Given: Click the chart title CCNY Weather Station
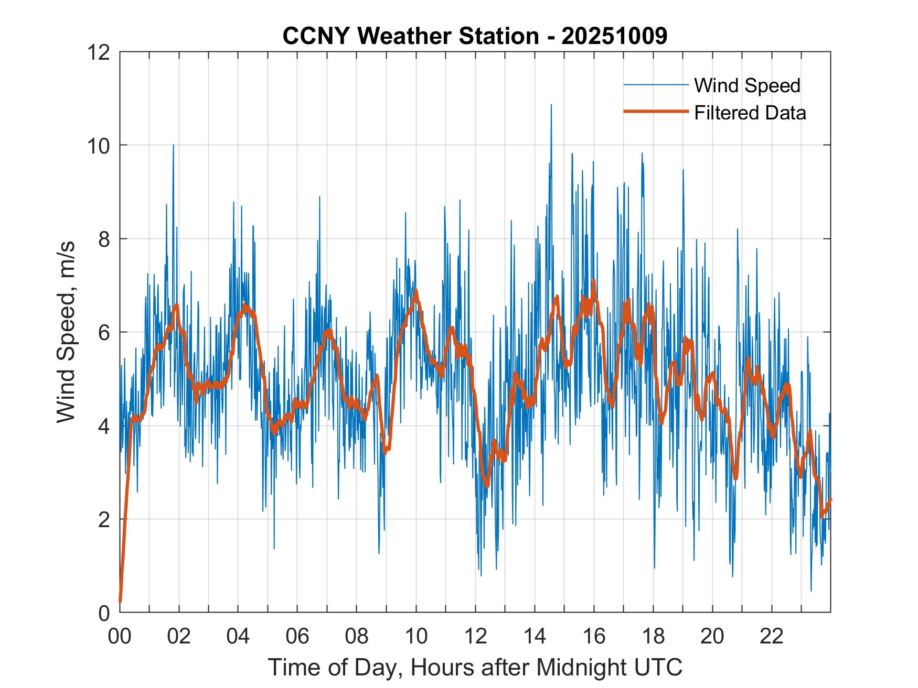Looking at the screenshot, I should pyautogui.click(x=475, y=36).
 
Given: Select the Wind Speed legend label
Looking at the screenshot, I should pyautogui.click(x=747, y=85).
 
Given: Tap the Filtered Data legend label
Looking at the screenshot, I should pyautogui.click(x=750, y=113).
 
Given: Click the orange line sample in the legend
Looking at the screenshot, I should pyautogui.click(x=656, y=112).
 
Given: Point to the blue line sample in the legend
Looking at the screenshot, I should pyautogui.click(x=656, y=85).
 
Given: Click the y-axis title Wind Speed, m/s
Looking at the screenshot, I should pyautogui.click(x=67, y=332).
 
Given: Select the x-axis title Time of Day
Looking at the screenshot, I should pyautogui.click(x=475, y=667).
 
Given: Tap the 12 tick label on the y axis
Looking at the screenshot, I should pyautogui.click(x=99, y=52).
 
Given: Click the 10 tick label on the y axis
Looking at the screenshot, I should pyautogui.click(x=99, y=145).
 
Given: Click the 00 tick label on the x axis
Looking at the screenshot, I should pyautogui.click(x=120, y=636).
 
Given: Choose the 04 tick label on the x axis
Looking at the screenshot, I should pyautogui.click(x=238, y=636).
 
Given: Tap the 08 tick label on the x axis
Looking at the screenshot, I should pyautogui.click(x=357, y=636).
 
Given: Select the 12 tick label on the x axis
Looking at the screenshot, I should pyautogui.click(x=475, y=636).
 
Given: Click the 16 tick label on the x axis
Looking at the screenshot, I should pyautogui.click(x=594, y=636).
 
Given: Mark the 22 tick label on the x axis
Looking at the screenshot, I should pyautogui.click(x=772, y=636).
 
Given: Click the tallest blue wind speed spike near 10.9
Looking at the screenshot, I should pyautogui.click(x=551, y=105).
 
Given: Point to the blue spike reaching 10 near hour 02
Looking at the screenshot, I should pyautogui.click(x=173, y=146).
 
